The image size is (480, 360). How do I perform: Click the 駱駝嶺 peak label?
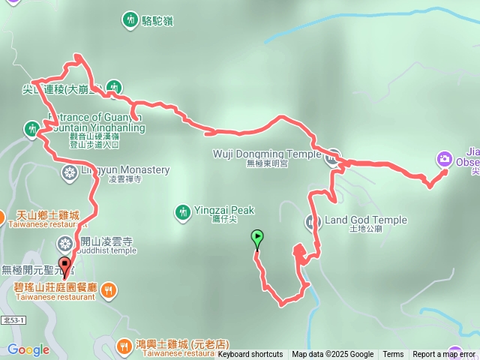(157, 20)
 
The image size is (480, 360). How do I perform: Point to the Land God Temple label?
(366, 220)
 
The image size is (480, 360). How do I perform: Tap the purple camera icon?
(444, 159)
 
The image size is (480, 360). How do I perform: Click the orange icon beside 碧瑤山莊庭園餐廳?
(109, 289)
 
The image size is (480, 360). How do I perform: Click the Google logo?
(28, 349)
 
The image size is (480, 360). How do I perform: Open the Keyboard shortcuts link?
(250, 355)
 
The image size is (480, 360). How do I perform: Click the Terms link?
(393, 355)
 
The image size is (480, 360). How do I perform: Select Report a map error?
(444, 355)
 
